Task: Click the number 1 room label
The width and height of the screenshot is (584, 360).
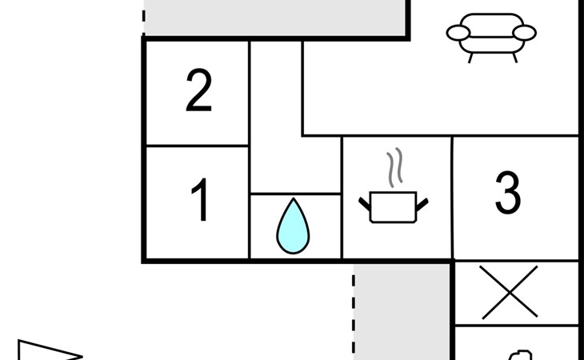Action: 199,202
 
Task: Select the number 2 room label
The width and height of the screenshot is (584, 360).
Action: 198,92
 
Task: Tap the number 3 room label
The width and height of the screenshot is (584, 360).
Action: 507,194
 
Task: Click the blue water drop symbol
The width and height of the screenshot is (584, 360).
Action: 293,228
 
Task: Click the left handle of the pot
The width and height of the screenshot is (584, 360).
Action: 366,206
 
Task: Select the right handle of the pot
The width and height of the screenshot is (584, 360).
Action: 422,205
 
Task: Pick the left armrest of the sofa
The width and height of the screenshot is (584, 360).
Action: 458,33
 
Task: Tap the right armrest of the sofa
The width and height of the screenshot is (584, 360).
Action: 525,33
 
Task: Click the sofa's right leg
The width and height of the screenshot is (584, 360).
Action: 514,58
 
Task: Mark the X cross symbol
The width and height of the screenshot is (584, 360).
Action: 510,292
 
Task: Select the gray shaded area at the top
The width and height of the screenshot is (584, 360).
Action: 275,16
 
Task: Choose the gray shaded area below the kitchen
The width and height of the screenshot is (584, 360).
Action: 402,312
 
